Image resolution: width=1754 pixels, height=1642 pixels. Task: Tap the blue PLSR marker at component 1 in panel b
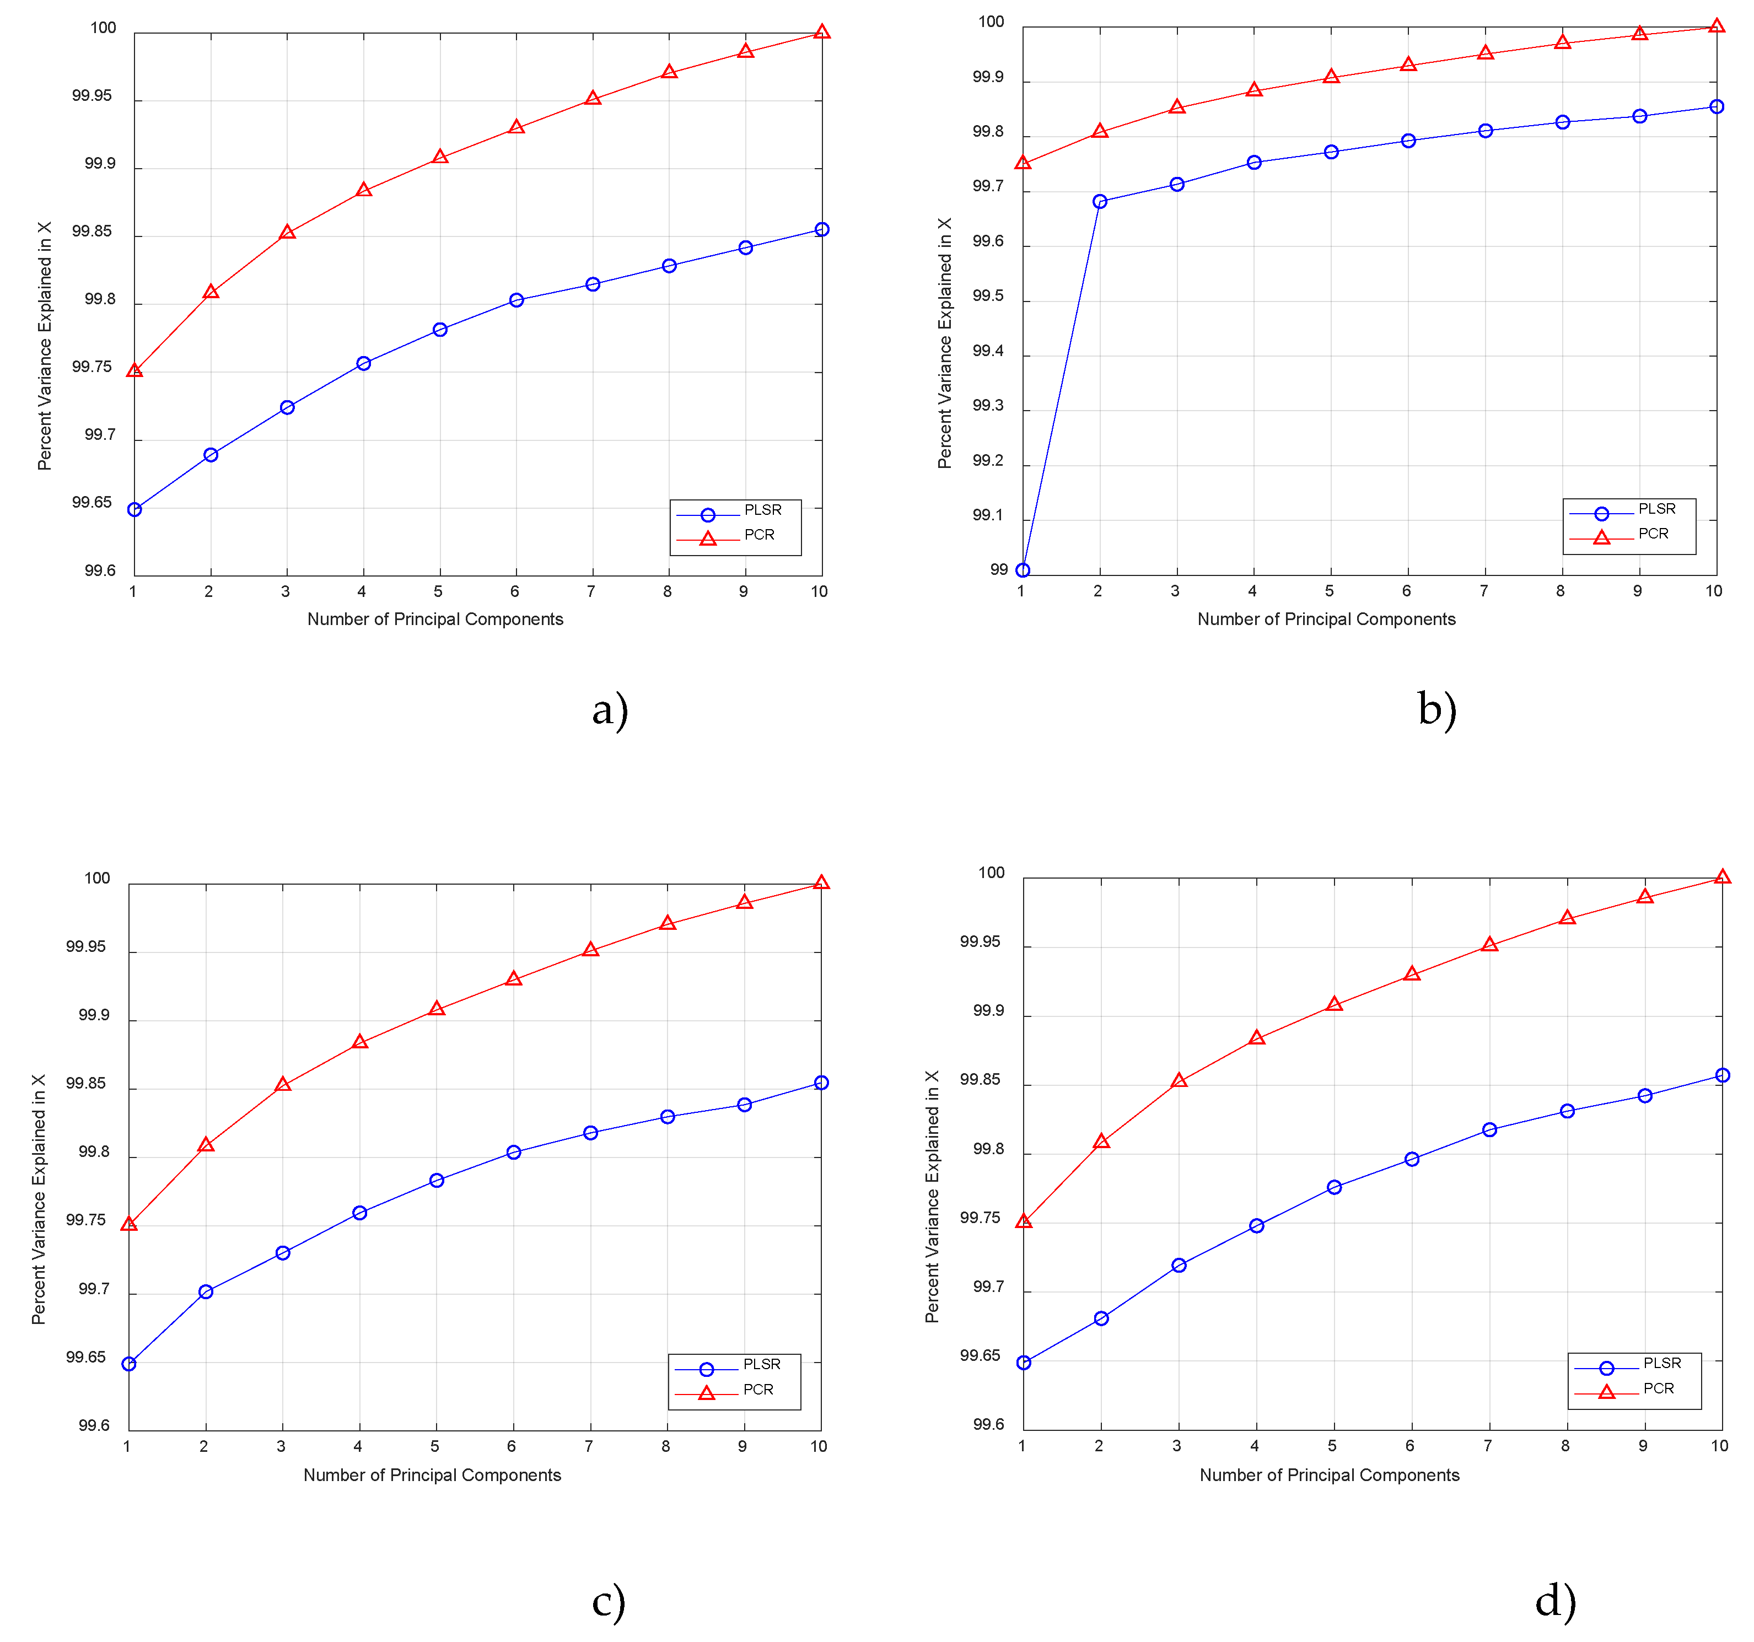point(1023,571)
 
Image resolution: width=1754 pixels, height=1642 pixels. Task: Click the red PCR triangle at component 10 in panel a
point(821,33)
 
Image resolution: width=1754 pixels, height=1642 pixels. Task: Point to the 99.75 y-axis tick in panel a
point(92,367)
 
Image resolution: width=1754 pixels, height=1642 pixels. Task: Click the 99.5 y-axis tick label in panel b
point(988,297)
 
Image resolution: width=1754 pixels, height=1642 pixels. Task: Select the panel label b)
point(1436,708)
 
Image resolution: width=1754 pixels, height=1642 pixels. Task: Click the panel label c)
point(608,1601)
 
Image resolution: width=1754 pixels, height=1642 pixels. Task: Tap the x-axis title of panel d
point(1329,1475)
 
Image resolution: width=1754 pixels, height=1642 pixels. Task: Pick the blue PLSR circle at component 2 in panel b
point(1099,202)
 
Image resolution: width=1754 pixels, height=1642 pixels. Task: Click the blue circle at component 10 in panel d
point(1722,1075)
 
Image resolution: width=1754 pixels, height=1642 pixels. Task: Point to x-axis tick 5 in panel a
point(439,592)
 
